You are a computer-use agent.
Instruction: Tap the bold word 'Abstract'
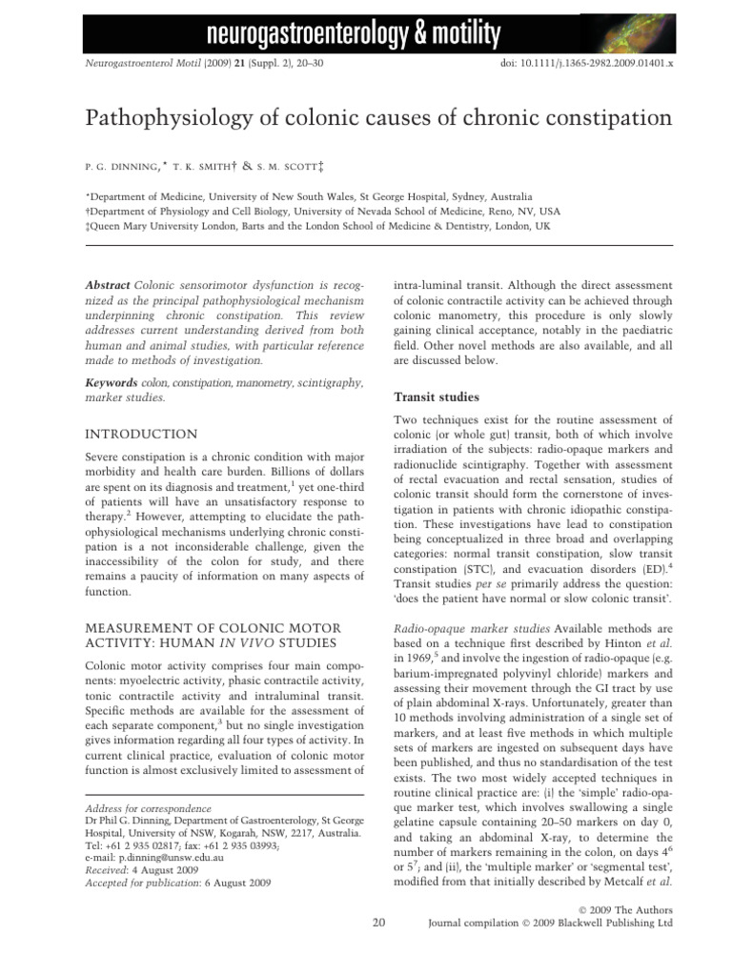point(107,285)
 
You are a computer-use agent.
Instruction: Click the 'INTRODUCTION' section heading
point(142,434)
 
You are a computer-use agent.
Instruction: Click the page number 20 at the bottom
point(378,923)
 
